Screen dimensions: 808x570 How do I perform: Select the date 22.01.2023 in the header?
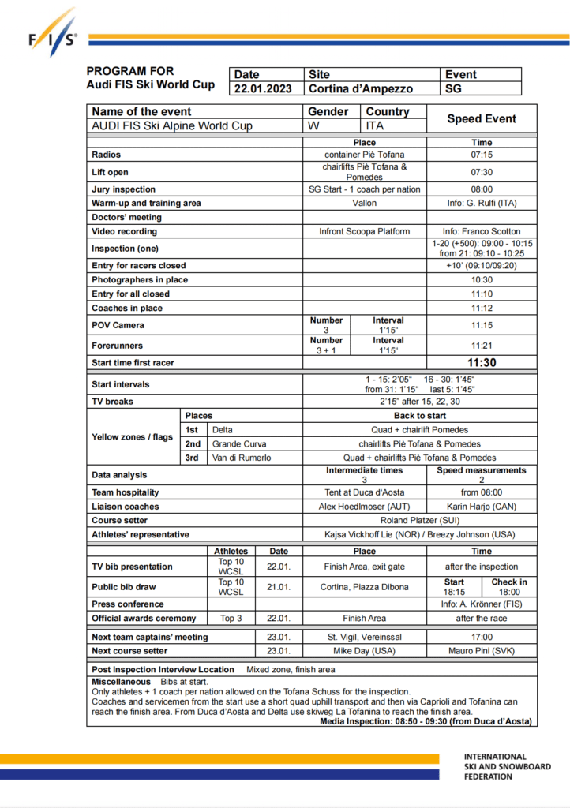264,89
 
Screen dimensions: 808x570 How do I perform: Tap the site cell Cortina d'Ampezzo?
360,89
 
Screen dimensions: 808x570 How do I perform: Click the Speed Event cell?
482,119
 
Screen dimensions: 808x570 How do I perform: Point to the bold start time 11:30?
482,363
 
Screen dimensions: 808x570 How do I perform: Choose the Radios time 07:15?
482,155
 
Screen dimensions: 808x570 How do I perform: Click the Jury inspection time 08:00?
482,189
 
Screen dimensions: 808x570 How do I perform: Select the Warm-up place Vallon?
365,204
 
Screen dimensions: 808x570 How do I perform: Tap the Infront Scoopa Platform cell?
365,232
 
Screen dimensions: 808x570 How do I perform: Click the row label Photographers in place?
140,280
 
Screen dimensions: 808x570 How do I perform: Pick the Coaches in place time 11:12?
482,309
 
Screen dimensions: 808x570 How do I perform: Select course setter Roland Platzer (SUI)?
420,521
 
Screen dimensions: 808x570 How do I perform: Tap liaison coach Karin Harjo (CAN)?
482,507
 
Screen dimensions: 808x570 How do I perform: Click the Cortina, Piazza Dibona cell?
365,587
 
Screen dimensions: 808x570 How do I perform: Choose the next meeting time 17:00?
482,637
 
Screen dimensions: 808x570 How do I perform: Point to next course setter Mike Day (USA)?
365,651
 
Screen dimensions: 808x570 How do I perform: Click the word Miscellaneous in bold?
121,681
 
